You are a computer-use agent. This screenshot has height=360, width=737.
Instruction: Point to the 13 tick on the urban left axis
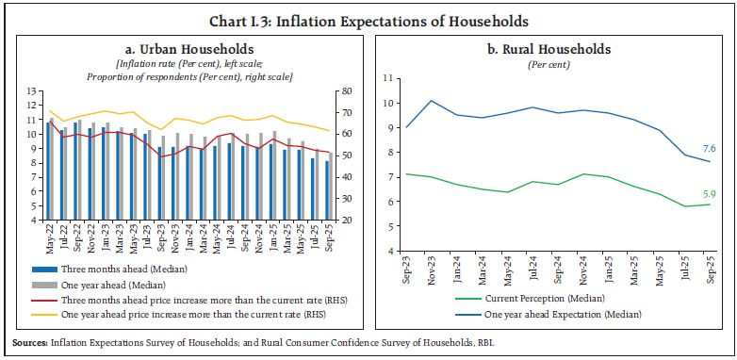30,91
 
